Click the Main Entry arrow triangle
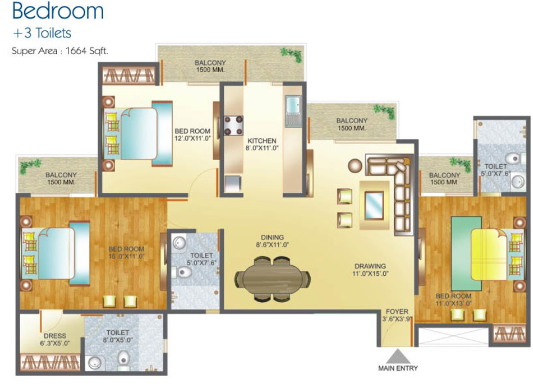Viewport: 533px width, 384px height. click(398, 356)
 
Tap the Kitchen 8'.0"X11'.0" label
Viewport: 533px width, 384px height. click(262, 144)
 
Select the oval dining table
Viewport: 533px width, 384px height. click(272, 279)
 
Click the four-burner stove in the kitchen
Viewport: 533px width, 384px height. click(234, 126)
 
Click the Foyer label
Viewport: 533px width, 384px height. click(397, 311)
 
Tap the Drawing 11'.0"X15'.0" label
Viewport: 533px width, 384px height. click(370, 269)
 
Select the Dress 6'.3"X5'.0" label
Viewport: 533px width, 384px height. click(55, 340)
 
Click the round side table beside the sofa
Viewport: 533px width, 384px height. click(355, 166)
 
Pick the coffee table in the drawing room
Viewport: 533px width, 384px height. click(374, 206)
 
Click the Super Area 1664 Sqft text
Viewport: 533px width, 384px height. click(60, 51)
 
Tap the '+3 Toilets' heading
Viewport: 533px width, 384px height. click(42, 33)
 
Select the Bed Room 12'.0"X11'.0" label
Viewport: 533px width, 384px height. click(192, 135)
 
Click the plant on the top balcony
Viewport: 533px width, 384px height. click(291, 55)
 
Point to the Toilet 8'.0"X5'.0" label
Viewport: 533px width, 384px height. click(117, 336)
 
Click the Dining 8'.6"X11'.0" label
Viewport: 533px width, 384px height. click(272, 241)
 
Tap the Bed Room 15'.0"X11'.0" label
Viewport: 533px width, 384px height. click(126, 252)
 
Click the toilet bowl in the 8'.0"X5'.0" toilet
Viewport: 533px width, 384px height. click(123, 359)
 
